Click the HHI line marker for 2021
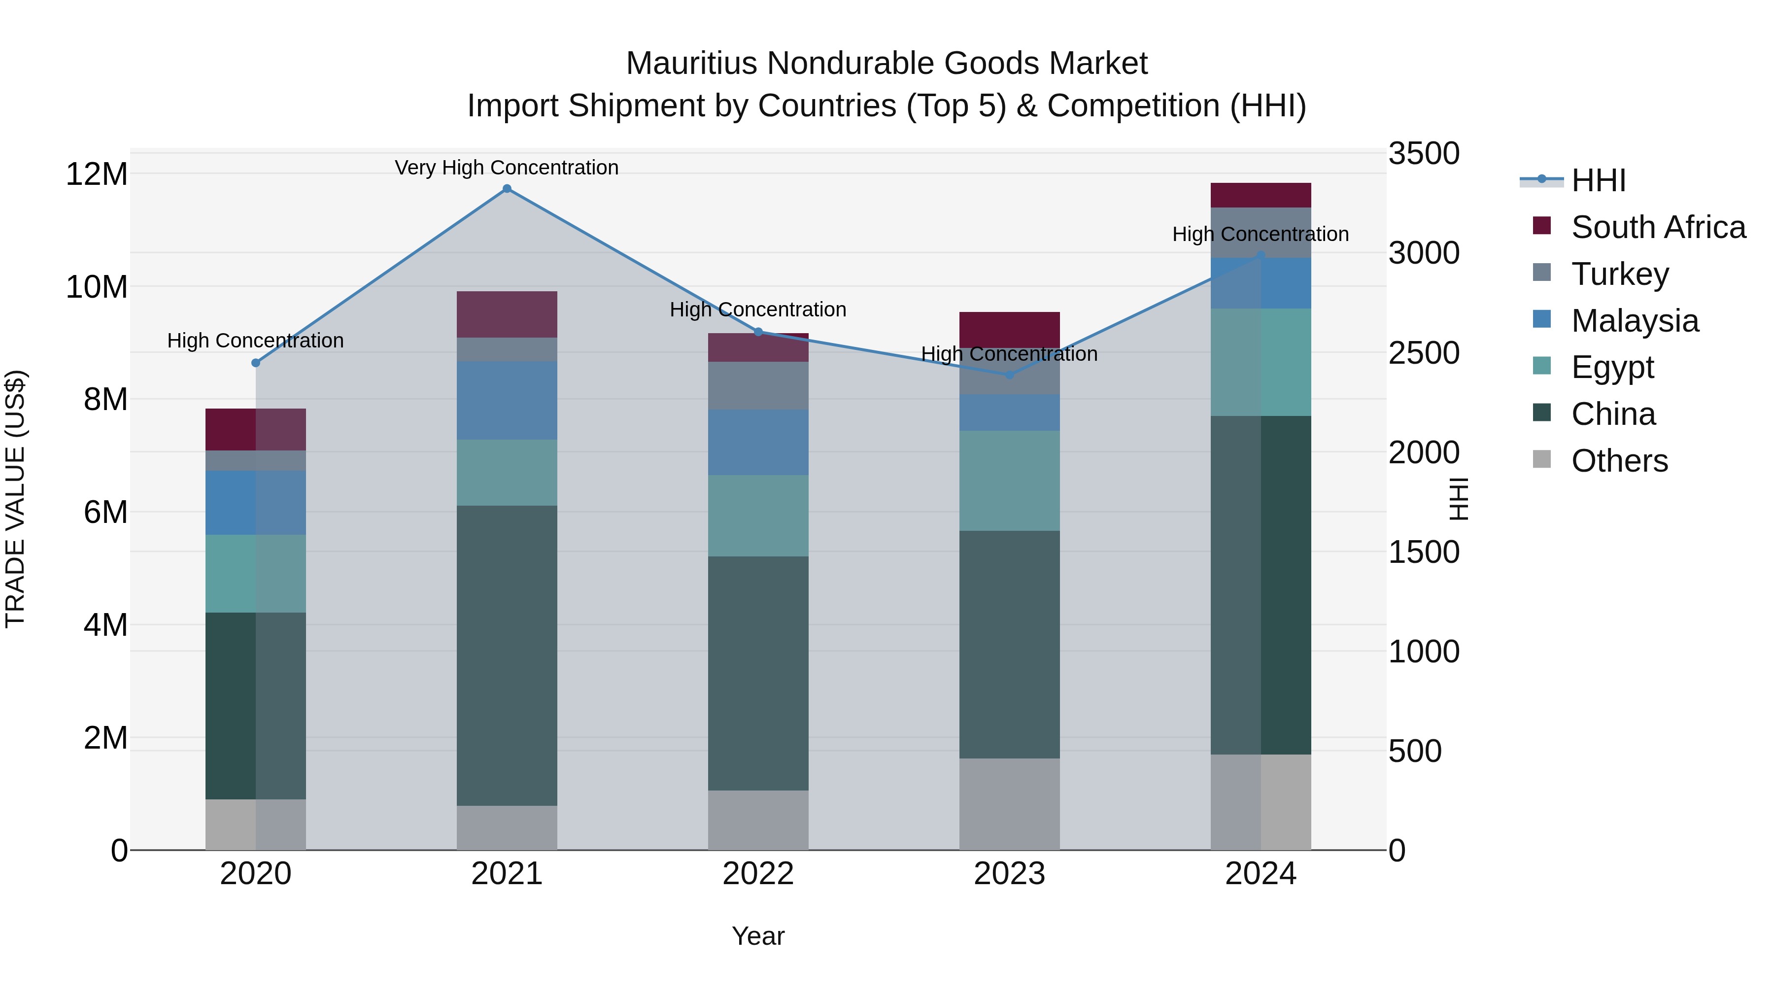[507, 189]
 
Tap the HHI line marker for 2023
[1010, 375]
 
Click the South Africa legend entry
[1658, 227]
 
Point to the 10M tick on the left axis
[97, 286]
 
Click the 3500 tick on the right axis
[1423, 154]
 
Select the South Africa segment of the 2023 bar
[1010, 329]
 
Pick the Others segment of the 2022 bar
[758, 820]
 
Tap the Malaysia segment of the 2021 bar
[507, 400]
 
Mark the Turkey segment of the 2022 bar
[758, 386]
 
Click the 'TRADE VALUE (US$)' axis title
[15, 499]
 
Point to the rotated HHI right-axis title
[1459, 499]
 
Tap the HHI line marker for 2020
[255, 363]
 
